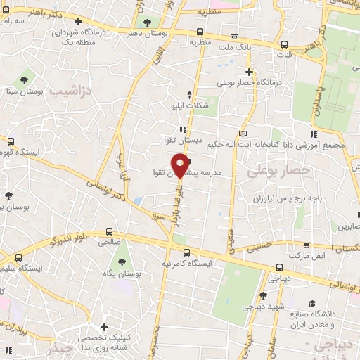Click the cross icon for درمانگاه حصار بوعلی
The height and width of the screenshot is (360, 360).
248,72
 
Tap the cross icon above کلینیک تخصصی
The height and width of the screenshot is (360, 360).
104,327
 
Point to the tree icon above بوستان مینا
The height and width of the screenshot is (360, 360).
25,77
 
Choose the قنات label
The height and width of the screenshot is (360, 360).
284,55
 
